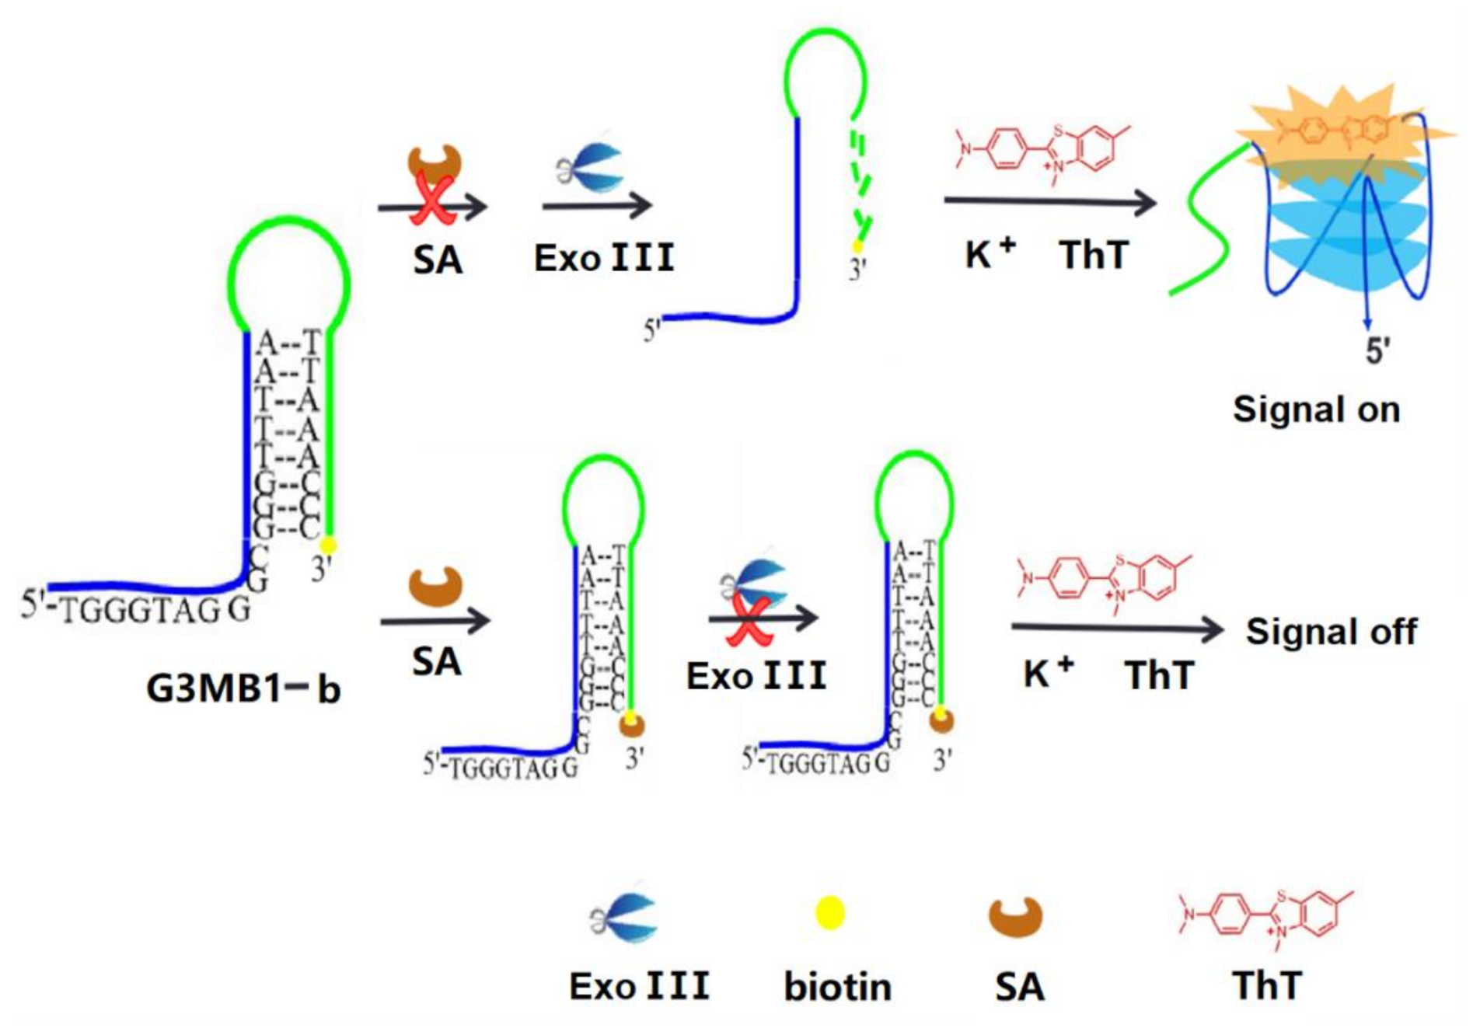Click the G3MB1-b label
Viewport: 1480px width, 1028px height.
243,688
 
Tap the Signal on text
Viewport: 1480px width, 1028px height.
1316,409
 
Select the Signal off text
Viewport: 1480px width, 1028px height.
1331,631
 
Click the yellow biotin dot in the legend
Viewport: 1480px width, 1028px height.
829,912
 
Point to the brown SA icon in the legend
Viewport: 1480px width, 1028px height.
1015,917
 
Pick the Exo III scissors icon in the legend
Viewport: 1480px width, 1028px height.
625,917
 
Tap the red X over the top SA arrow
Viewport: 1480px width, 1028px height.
432,200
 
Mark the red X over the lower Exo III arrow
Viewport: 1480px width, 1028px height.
748,622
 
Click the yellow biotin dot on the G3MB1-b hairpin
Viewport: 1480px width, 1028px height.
328,545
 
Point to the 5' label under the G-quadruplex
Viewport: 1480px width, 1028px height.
1378,351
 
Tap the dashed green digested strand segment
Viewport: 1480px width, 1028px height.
859,179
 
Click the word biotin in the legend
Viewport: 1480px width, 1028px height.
837,987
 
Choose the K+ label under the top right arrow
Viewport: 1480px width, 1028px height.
990,253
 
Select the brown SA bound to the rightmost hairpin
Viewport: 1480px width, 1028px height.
941,721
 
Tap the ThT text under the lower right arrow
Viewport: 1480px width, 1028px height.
1159,674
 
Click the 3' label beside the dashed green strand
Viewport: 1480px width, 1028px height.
857,270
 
